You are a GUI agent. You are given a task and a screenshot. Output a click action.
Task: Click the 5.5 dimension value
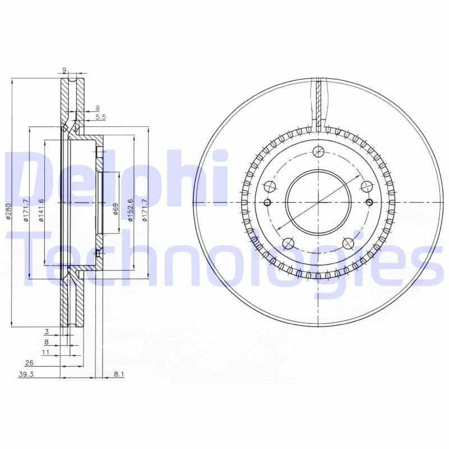click(100, 117)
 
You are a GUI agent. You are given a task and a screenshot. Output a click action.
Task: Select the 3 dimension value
click(48, 332)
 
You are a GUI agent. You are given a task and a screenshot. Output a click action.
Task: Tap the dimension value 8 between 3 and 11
click(47, 342)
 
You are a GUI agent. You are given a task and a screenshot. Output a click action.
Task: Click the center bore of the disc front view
click(318, 202)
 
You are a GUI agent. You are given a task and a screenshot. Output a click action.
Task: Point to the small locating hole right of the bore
click(369, 202)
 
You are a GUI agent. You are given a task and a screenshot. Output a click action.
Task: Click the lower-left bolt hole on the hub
click(288, 243)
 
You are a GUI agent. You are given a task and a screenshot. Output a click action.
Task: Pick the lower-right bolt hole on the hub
click(348, 243)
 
